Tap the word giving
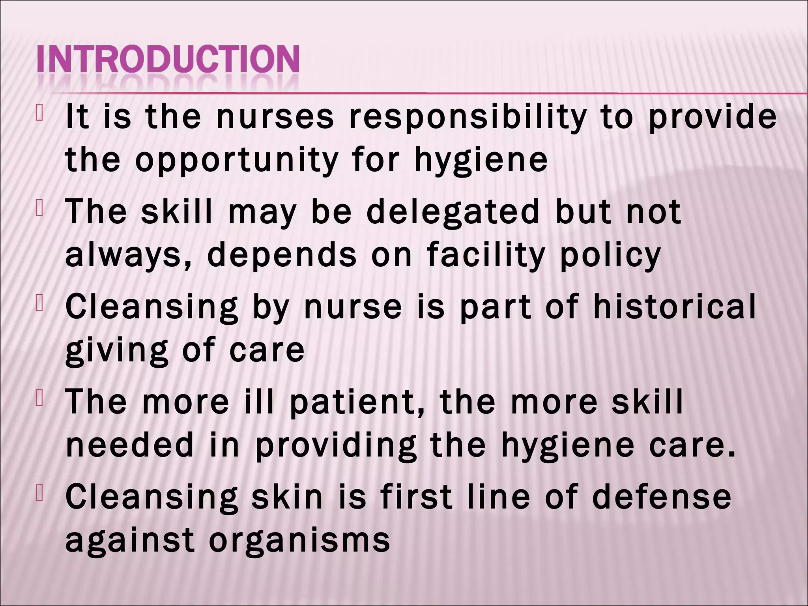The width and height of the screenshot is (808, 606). tap(117, 350)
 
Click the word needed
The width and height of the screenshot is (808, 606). tap(130, 445)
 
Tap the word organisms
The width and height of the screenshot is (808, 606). tap(299, 541)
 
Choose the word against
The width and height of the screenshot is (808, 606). tap(130, 541)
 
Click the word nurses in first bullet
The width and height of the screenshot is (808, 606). tap(275, 118)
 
